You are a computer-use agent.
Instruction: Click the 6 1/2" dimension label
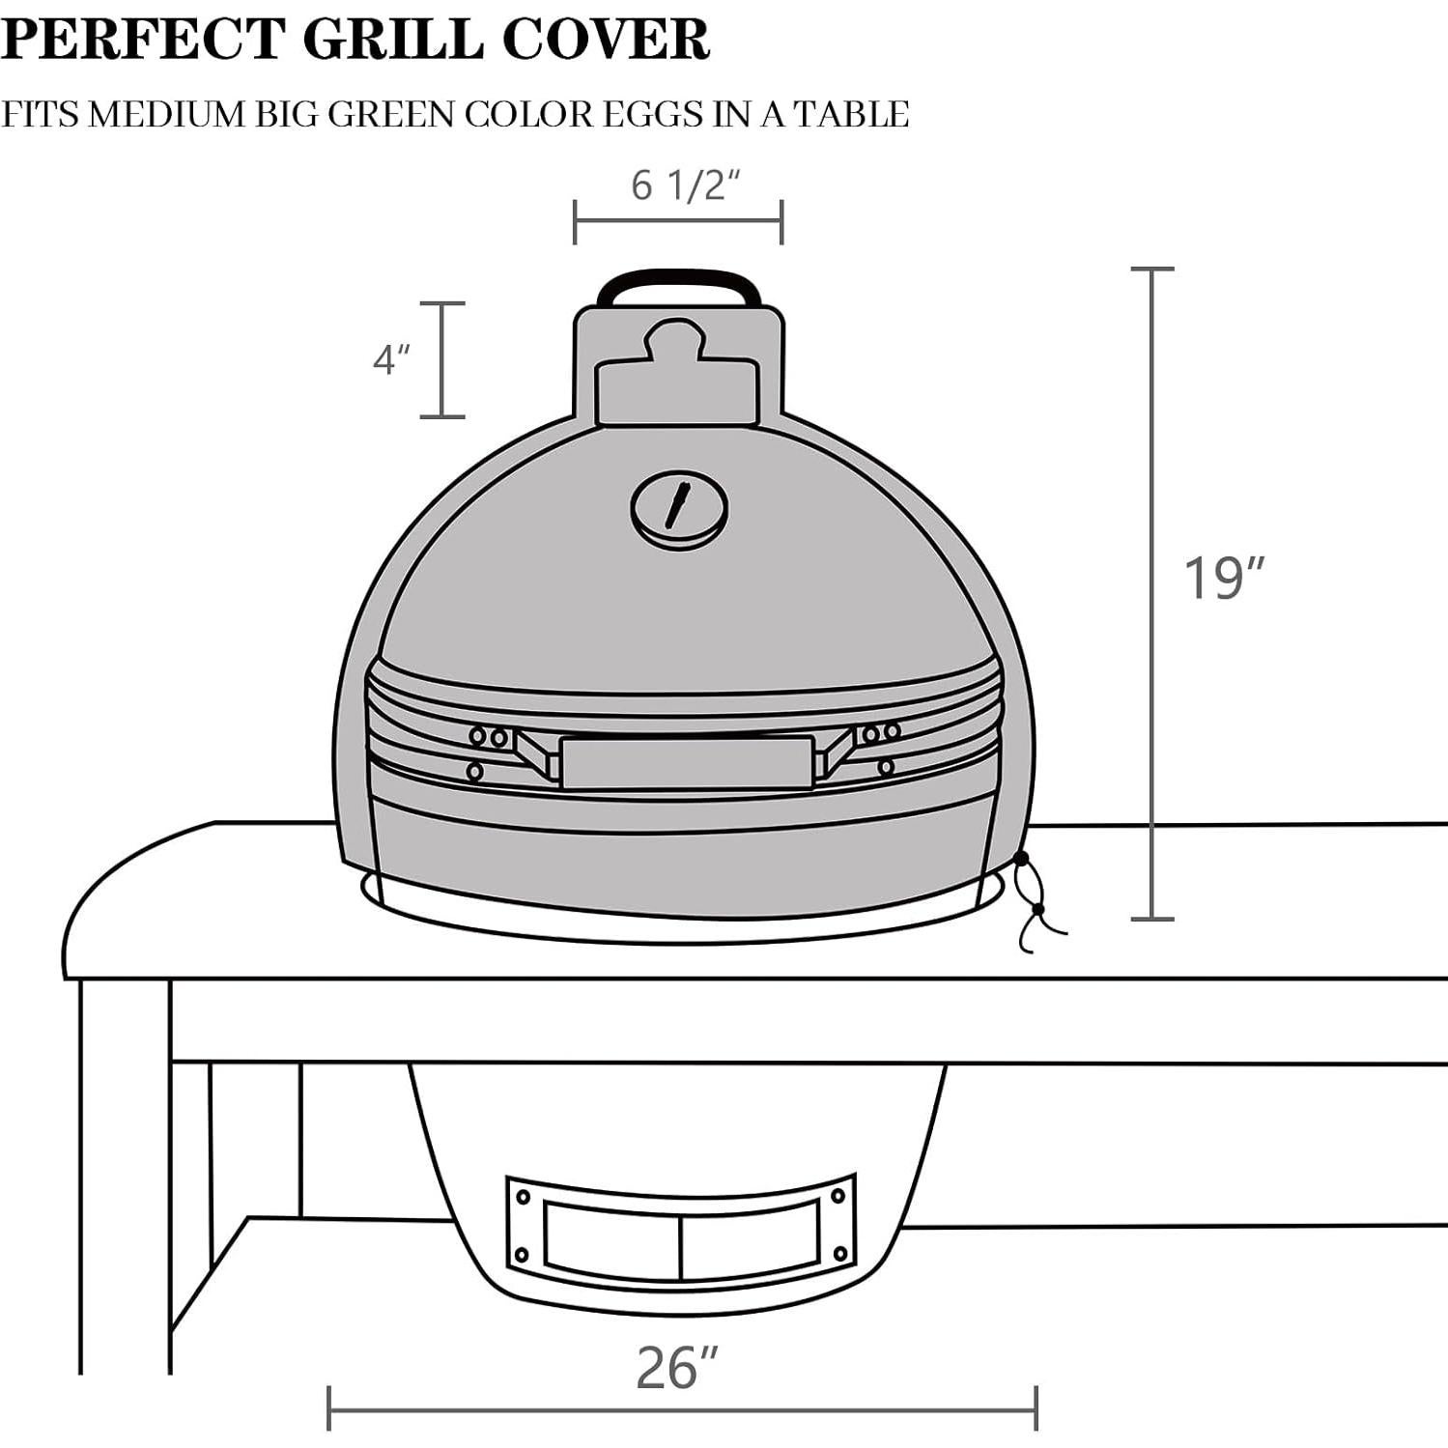click(685, 184)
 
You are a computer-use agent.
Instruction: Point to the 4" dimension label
click(391, 360)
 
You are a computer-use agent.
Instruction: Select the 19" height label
click(1223, 579)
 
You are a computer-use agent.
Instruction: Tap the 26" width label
click(677, 1368)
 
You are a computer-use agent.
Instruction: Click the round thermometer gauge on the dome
click(679, 510)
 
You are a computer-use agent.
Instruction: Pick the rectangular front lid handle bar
click(686, 762)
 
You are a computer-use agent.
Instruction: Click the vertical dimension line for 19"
click(1152, 594)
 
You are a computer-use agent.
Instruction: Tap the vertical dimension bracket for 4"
click(442, 360)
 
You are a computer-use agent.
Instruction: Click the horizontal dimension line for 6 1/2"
click(678, 222)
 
